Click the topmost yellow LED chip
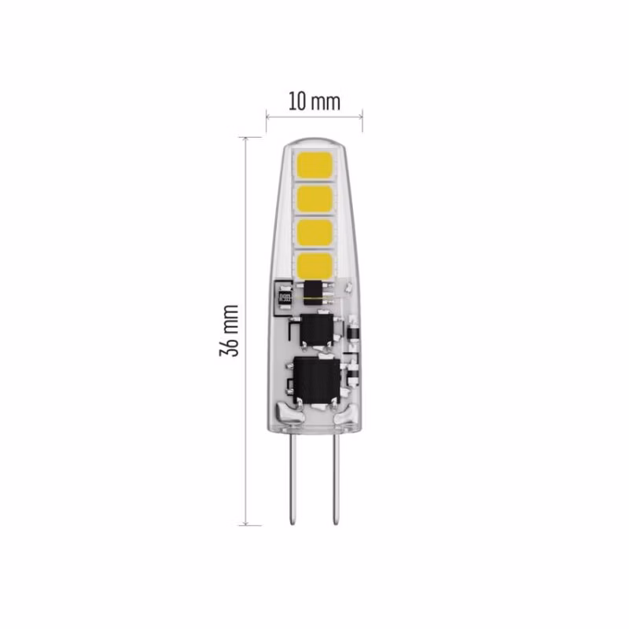pyautogui.click(x=314, y=166)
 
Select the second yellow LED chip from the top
pyautogui.click(x=314, y=200)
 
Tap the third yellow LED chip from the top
pyautogui.click(x=314, y=233)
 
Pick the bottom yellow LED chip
pyautogui.click(x=314, y=265)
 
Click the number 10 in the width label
pyautogui.click(x=297, y=102)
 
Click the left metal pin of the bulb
pyautogui.click(x=293, y=480)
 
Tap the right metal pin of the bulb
pyautogui.click(x=336, y=480)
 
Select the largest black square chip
pyautogui.click(x=317, y=380)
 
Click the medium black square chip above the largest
pyautogui.click(x=317, y=329)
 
